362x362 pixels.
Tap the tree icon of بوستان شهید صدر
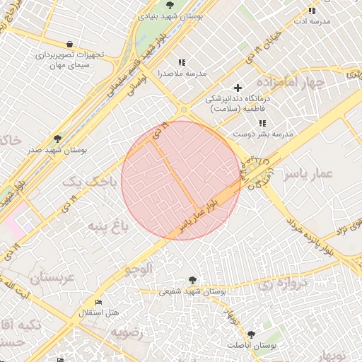pos(57,139)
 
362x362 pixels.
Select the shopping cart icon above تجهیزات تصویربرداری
pos(69,43)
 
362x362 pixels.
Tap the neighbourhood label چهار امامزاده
pos(293,83)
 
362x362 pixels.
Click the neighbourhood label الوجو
pos(139,269)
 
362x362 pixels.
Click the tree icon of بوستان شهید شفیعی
pos(192,280)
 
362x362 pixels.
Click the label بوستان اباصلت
pos(252,344)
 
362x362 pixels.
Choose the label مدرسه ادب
pos(312,21)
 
